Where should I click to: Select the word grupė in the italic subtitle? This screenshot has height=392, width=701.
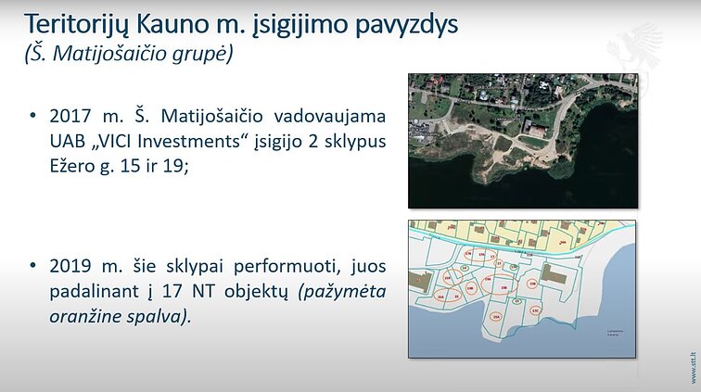pyautogui.click(x=203, y=54)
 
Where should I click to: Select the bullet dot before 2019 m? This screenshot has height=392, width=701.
pyautogui.click(x=33, y=267)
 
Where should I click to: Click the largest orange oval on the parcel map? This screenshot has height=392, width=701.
pyautogui.click(x=503, y=292)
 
